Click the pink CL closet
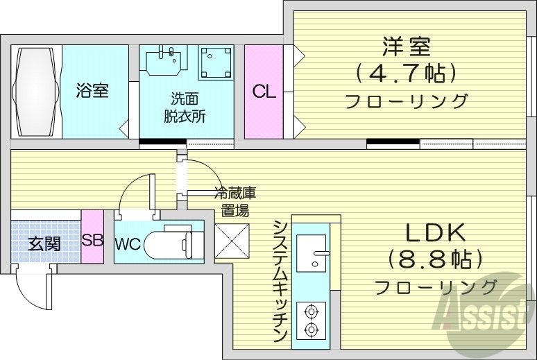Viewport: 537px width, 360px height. coord(264,91)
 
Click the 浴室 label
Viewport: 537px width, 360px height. coord(92,91)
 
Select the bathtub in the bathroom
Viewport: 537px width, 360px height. coord(35,91)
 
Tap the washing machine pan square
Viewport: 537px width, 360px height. coord(214,63)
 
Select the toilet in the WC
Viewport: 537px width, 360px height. coord(178,242)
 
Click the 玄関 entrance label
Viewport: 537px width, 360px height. coord(44,243)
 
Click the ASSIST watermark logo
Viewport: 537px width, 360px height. coord(486,316)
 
